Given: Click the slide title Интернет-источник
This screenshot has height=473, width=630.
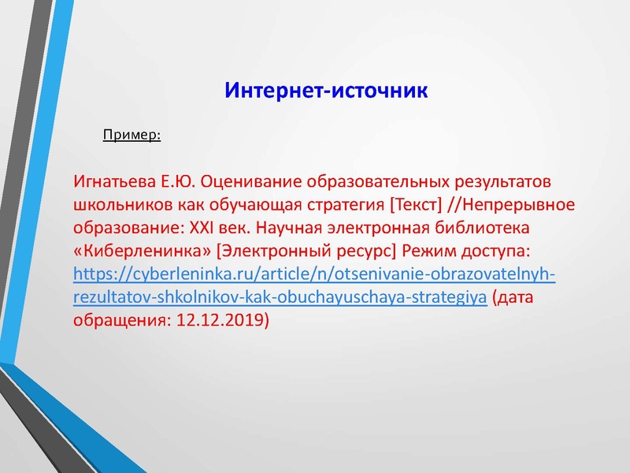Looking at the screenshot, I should coord(326,90).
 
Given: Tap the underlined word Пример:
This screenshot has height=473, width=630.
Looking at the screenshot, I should coord(132,135).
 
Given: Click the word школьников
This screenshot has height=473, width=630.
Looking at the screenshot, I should coord(118,205).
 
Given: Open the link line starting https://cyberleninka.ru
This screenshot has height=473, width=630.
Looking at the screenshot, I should coord(313,274).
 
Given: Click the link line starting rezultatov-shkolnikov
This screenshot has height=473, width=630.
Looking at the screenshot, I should coord(279,297).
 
